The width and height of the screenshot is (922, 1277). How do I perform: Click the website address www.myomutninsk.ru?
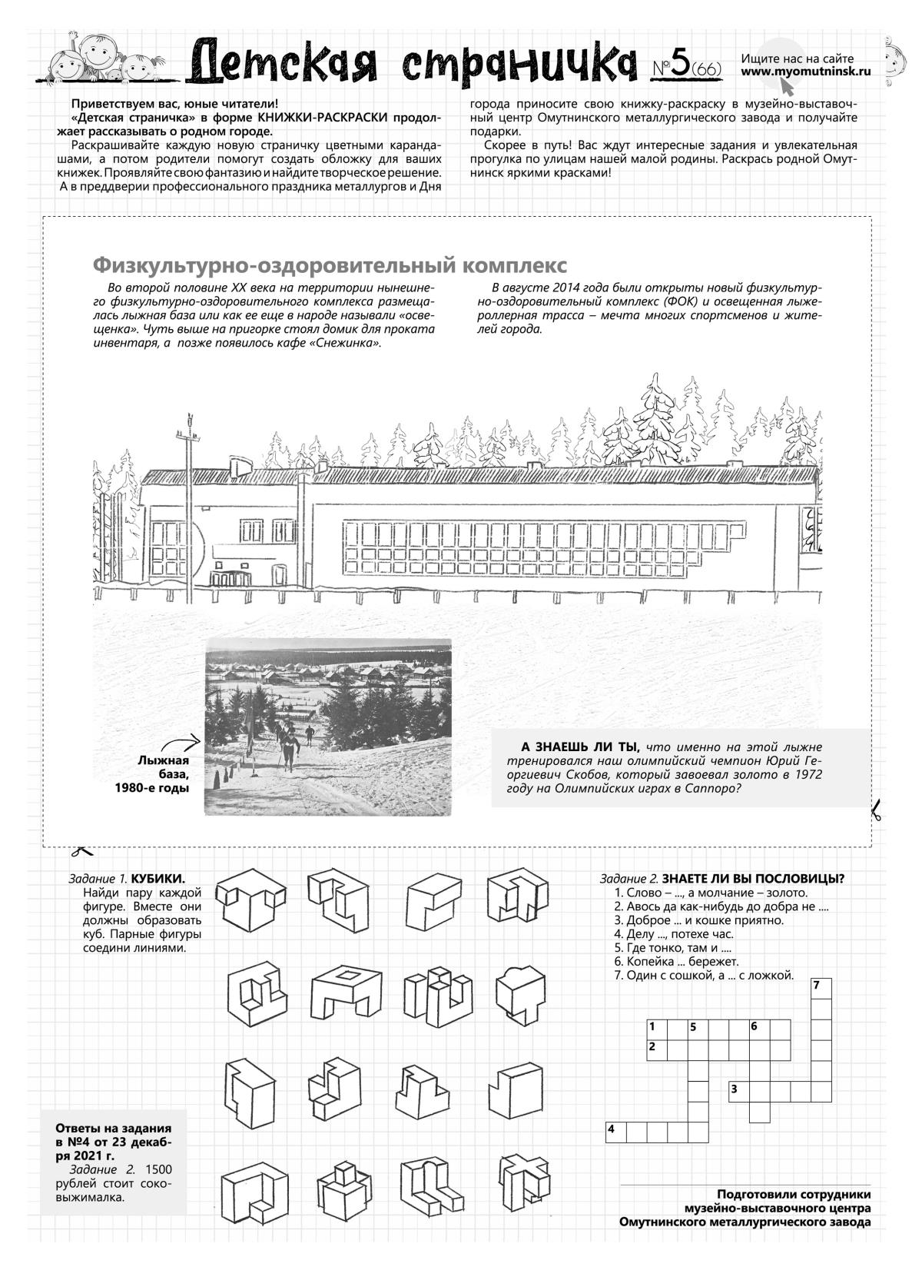click(806, 71)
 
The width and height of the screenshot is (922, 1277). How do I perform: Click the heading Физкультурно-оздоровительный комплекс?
click(330, 265)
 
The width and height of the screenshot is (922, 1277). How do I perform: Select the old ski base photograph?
click(328, 726)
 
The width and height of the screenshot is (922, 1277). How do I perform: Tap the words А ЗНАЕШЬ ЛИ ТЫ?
click(580, 747)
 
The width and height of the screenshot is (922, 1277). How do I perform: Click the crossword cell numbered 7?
click(821, 988)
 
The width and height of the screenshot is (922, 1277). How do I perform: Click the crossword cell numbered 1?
click(656, 1029)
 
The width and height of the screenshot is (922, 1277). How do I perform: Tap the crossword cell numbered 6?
click(759, 1029)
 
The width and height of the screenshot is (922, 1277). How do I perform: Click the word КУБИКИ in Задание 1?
click(159, 879)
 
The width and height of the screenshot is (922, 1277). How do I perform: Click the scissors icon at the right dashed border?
click(875, 810)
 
